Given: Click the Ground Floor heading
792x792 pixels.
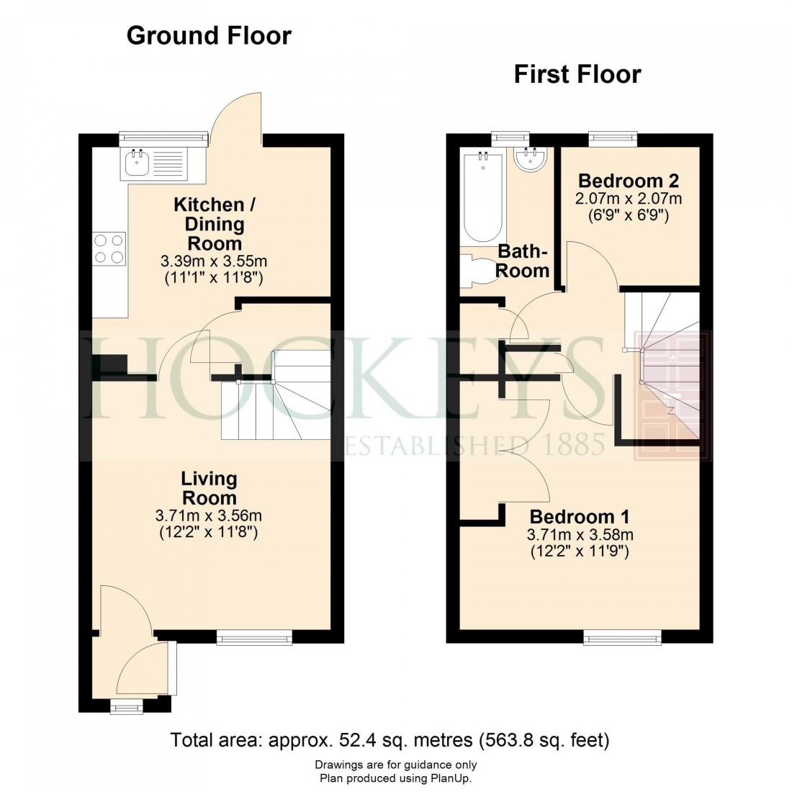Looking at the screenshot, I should [209, 35].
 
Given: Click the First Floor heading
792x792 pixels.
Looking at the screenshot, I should [577, 74].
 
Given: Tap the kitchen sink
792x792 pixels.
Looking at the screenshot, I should [137, 164].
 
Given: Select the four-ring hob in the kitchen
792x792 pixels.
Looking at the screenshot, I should [109, 248].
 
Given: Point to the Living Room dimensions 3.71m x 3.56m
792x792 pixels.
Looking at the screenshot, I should [208, 516].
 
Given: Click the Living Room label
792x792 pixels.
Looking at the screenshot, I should [208, 488].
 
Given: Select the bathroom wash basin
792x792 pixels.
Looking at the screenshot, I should [532, 161].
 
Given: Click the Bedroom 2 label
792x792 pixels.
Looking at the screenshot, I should [628, 181].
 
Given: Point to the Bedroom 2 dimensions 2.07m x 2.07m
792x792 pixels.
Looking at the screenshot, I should [628, 198].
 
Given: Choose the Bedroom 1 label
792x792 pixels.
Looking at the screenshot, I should [580, 517].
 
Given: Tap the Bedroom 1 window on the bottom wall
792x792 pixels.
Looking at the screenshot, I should [622, 636].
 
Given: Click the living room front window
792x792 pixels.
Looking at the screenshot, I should [254, 636].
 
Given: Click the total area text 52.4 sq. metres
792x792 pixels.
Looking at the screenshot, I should [390, 739].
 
